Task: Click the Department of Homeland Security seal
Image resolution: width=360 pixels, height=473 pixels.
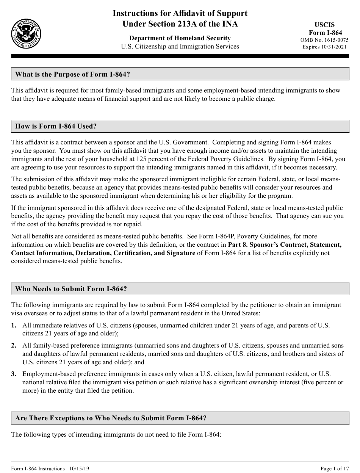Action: tap(26, 33)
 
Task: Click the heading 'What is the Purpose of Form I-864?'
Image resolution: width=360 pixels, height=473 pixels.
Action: tap(72, 74)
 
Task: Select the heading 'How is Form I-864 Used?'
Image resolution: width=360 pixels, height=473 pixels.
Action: tap(56, 126)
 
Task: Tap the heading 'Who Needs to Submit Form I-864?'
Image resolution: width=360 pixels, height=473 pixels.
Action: tap(71, 289)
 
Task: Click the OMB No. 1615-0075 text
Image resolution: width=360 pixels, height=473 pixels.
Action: tap(324, 40)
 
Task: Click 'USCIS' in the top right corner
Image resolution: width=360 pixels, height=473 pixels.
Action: tap(325, 25)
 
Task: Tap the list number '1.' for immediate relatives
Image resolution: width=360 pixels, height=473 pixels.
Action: tap(14, 325)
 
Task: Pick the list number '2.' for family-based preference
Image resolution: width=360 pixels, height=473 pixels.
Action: tap(14, 345)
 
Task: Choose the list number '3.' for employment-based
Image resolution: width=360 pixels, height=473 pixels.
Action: tap(14, 374)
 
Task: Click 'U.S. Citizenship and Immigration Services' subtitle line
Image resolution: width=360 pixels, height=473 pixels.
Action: tap(180, 47)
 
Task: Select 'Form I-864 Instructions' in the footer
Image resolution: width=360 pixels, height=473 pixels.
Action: tap(38, 469)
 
